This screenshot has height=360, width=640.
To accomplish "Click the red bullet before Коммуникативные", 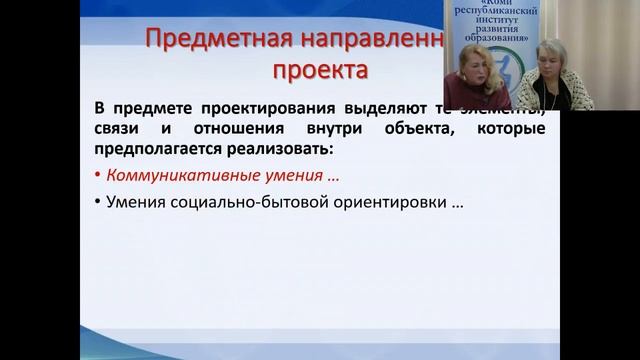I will [98, 177].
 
